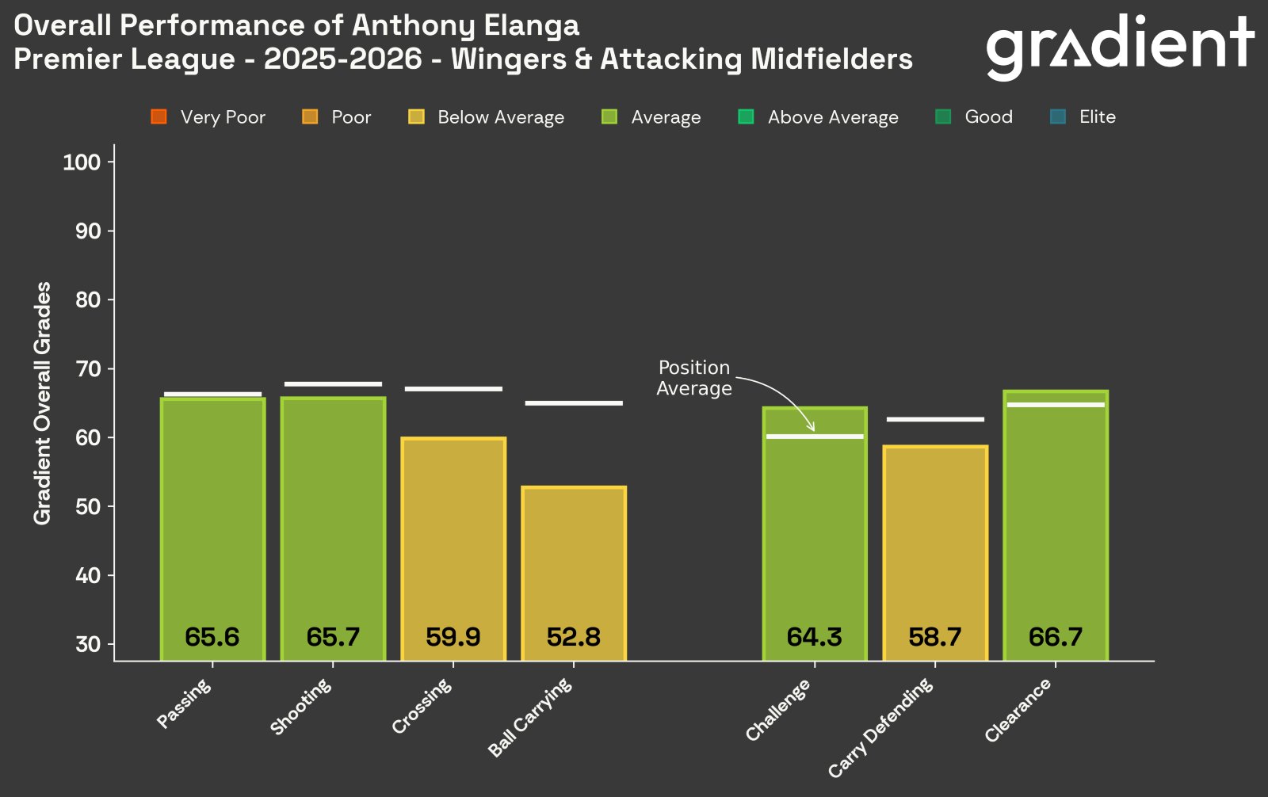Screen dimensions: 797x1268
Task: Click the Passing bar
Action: pos(212,523)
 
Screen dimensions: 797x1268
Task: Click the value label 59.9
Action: pos(453,637)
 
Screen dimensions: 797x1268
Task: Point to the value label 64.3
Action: pos(814,637)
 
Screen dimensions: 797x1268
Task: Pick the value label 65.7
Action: pos(333,637)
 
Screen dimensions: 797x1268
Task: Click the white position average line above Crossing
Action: pos(453,389)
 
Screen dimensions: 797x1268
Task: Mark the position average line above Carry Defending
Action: pos(935,419)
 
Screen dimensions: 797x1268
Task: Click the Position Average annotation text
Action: pos(694,378)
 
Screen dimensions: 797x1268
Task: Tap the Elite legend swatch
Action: pos(1057,117)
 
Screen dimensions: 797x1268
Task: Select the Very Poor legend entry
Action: pos(208,117)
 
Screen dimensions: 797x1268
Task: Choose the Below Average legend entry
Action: pos(487,117)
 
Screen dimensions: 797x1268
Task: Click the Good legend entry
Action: pos(975,117)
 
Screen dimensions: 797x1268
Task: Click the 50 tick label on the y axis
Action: pos(88,506)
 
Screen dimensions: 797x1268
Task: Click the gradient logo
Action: pos(1119,46)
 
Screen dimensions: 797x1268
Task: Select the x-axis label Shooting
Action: pos(302,707)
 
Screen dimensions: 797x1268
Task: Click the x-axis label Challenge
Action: pos(779,710)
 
